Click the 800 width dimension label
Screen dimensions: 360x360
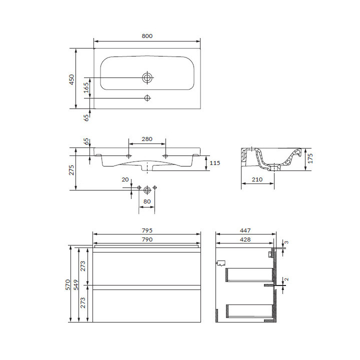(x=147, y=36)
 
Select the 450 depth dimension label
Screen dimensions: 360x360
(x=72, y=79)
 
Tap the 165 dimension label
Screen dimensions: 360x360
(x=86, y=87)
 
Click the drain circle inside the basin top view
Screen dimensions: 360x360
(x=147, y=77)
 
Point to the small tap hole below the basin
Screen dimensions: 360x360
(x=147, y=98)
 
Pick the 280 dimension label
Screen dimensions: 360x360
(x=147, y=139)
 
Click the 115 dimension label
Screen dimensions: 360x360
(x=214, y=163)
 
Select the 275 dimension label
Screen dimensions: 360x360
(x=71, y=170)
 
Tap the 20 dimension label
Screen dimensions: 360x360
(x=125, y=179)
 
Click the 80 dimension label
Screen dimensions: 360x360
(x=147, y=201)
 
